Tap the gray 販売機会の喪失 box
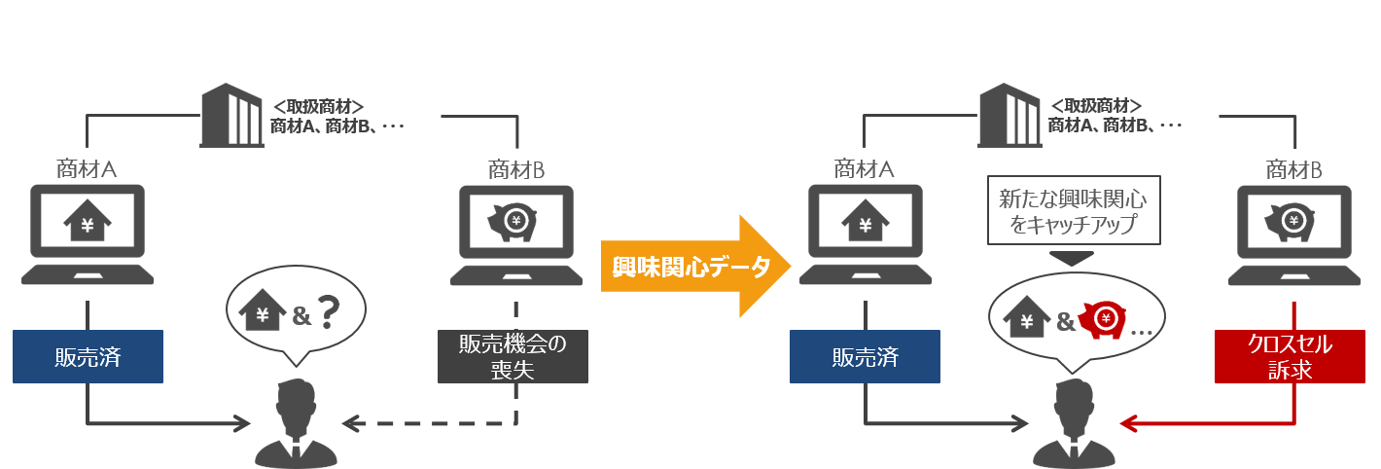[513, 356]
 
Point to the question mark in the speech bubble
[330, 314]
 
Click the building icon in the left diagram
[230, 116]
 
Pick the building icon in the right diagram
[1009, 116]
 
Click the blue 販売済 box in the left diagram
[88, 356]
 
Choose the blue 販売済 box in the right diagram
[865, 356]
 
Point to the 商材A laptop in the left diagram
[88, 234]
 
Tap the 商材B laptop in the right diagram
[1293, 234]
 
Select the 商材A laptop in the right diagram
[865, 234]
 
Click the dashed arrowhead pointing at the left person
[351, 423]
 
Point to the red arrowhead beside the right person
[1128, 423]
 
